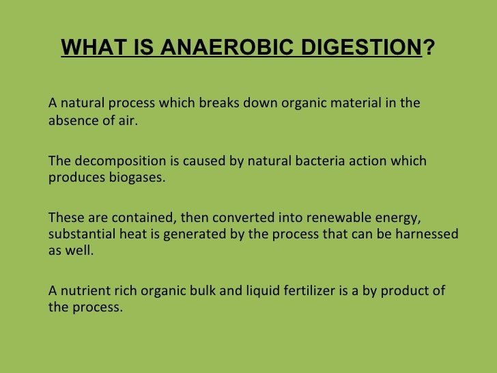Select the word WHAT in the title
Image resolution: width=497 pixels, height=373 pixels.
click(87, 49)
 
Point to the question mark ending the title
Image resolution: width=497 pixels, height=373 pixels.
click(428, 49)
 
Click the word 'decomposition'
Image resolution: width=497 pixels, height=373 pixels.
click(112, 161)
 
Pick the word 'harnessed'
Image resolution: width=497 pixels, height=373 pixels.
click(427, 234)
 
